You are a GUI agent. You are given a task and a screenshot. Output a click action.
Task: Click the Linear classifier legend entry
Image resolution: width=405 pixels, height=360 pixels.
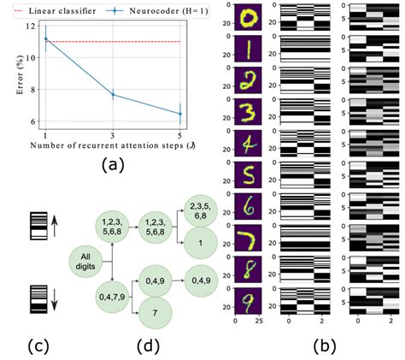pos(60,11)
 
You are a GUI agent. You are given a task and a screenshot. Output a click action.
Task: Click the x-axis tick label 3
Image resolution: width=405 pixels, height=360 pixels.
pos(114,136)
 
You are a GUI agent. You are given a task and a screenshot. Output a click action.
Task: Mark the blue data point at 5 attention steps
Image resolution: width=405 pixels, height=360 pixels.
pos(179,114)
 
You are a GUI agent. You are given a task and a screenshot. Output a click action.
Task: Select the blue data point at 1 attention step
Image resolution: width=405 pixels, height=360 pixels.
pos(47,38)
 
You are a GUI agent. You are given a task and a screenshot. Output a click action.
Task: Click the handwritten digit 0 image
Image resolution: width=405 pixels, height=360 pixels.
pos(248,19)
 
